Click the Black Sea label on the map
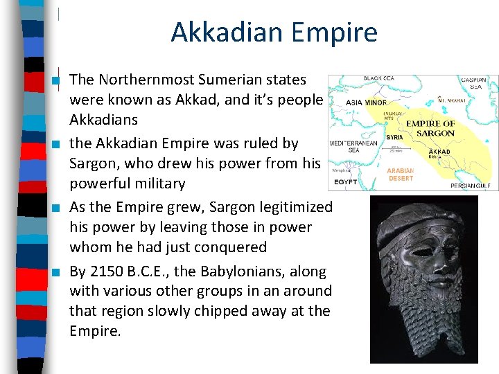pos(379,79)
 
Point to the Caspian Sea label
pos(476,83)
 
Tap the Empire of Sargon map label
pos(430,128)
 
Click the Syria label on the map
pos(394,136)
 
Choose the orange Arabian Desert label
pos(401,174)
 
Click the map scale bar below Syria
pos(396,148)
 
